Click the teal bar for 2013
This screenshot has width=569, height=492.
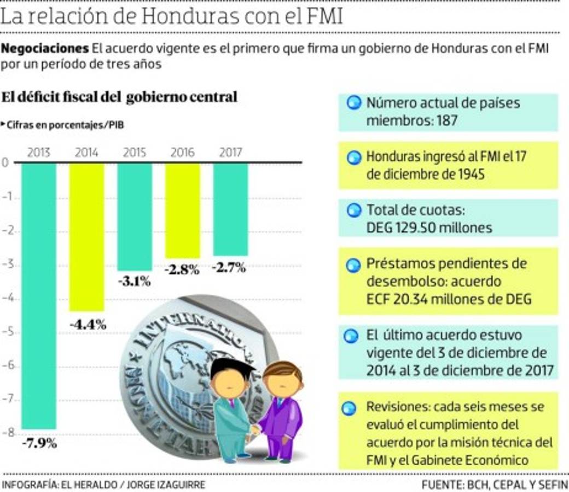coord(39,296)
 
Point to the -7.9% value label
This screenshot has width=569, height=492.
coord(39,443)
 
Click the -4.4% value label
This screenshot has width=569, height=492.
coord(88,324)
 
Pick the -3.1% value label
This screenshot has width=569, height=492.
coord(134,282)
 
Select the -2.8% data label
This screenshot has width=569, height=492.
coord(182,270)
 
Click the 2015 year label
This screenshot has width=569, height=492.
coord(134,153)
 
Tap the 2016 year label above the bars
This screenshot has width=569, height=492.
coord(182,153)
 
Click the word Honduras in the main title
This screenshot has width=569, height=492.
coord(184,16)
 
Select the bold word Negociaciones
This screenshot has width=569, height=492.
coord(45,48)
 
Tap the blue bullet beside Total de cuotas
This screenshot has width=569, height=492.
coord(354,210)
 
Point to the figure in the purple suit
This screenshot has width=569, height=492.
coord(281,410)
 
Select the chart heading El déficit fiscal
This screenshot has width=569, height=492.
coord(119,97)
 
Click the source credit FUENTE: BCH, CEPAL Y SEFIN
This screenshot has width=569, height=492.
coord(495,484)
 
